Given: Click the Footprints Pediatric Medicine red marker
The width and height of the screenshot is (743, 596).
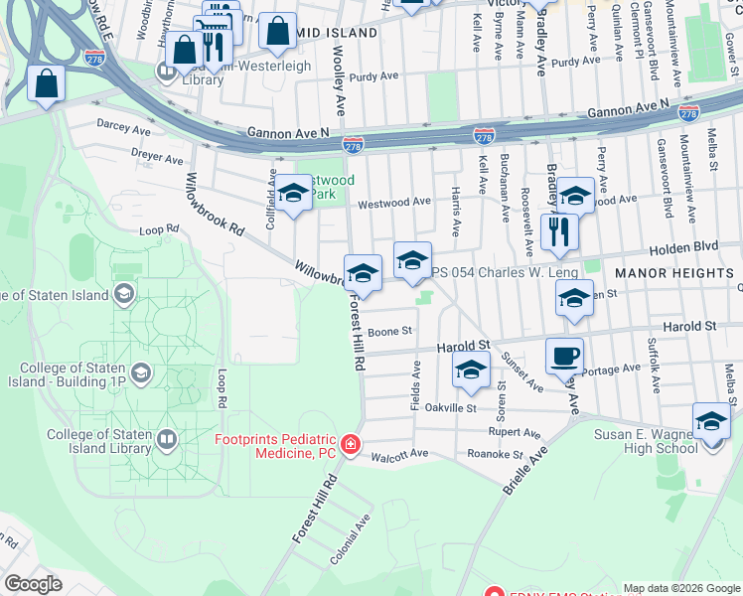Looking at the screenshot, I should coord(350,445).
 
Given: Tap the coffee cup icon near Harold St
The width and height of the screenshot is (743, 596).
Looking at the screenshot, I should coord(564,355).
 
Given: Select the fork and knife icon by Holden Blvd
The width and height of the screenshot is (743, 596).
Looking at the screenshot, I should coord(559,231).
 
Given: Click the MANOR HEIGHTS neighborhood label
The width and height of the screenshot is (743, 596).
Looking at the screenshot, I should coord(673,272).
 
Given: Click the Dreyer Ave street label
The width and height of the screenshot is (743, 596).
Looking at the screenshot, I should coord(158,157).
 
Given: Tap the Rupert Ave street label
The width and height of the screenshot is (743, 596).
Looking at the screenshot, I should coord(515,433).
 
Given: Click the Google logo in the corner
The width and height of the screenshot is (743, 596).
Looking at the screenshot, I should coord(33,583).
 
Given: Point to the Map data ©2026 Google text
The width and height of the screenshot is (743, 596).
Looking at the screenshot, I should coord(681,588).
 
